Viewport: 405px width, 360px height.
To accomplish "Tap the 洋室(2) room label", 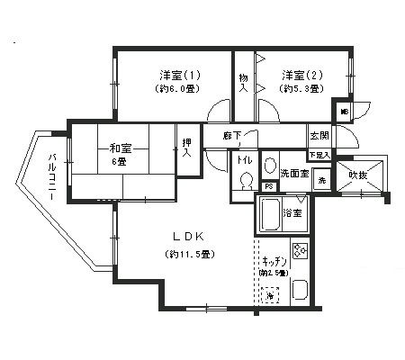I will coord(297,74).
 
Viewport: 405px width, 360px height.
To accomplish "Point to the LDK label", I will coord(189,237).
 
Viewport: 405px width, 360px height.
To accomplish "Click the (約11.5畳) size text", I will coord(189,255).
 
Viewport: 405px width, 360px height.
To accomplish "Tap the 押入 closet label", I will coord(186,148).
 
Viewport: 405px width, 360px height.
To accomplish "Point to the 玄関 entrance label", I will coord(319,136).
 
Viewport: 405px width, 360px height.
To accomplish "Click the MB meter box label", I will coord(343,112).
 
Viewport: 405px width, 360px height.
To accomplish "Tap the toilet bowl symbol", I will coord(244,184).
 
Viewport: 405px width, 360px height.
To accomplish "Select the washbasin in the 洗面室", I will coord(269,165).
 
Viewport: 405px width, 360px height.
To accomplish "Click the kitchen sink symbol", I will coord(301,291).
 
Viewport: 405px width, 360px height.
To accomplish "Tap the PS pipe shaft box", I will coord(268,186).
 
